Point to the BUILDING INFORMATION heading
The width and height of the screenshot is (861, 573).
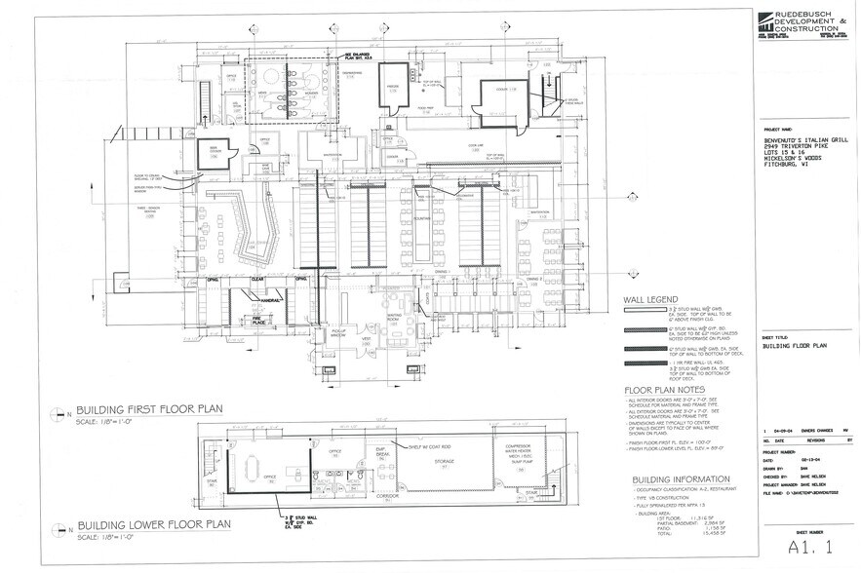click(680, 479)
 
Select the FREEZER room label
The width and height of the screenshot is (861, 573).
click(395, 86)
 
